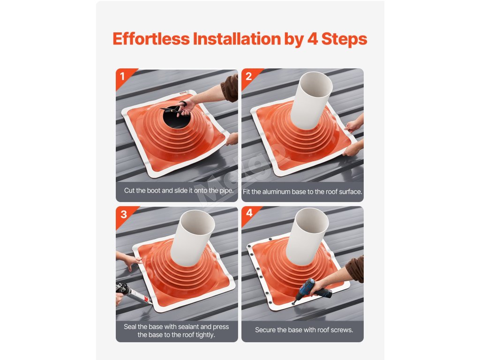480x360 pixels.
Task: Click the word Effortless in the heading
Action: pyautogui.click(x=151, y=39)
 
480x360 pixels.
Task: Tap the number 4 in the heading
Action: pyautogui.click(x=312, y=39)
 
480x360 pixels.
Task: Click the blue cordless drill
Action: pyautogui.click(x=312, y=290)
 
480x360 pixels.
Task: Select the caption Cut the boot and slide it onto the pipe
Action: pyautogui.click(x=179, y=190)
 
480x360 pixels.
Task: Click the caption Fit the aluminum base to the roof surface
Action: pyautogui.click(x=302, y=192)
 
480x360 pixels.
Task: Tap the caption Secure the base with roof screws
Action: pyautogui.click(x=304, y=330)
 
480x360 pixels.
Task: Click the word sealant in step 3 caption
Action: pyautogui.click(x=187, y=327)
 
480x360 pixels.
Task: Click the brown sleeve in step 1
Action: pyautogui.click(x=230, y=88)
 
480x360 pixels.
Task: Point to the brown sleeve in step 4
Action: pyautogui.click(x=355, y=269)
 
